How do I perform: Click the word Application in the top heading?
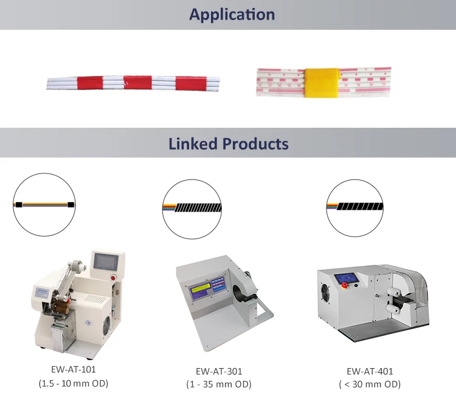(x=232, y=15)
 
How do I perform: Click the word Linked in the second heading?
(x=193, y=144)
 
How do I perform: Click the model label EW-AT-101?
(x=73, y=369)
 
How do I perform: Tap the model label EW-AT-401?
(x=370, y=371)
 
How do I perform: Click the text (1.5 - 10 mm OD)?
(x=73, y=383)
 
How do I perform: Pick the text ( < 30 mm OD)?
(x=370, y=384)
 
